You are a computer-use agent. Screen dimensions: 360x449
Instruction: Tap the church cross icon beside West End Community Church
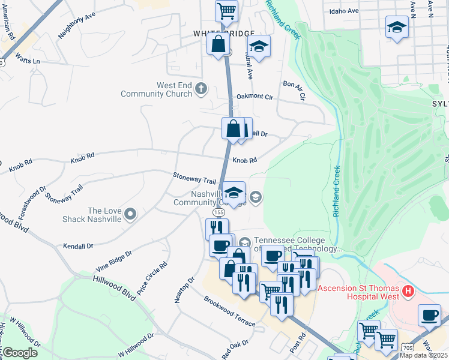201,90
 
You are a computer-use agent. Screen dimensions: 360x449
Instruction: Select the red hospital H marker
408,292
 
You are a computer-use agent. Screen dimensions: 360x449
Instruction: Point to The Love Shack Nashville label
96,215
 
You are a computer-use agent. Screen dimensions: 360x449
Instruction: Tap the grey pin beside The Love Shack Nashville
131,214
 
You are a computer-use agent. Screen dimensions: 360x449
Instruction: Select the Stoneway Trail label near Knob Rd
194,180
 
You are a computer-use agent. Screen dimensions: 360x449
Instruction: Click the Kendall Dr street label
78,246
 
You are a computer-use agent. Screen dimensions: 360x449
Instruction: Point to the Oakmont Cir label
255,96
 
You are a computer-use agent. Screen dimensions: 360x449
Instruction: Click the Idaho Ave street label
344,11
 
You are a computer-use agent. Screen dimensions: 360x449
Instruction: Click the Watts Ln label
28,61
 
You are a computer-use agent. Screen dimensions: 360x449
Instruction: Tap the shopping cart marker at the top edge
227,10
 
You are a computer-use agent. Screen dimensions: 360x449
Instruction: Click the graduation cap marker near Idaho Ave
396,28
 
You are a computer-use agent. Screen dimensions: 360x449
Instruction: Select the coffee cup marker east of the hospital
430,315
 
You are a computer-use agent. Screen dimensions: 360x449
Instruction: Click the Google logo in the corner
20,353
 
